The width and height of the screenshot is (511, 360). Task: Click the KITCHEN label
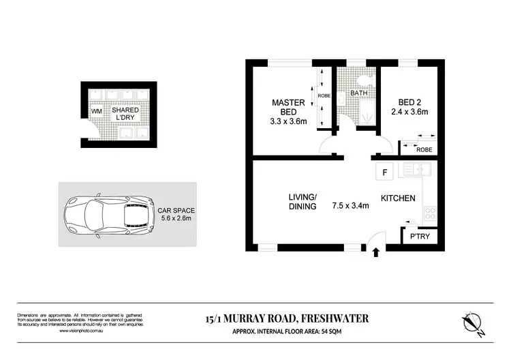[399, 198]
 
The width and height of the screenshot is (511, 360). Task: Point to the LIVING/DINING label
[302, 201]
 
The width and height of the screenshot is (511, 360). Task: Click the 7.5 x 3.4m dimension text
[350, 205]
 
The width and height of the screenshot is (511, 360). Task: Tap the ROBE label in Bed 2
[424, 149]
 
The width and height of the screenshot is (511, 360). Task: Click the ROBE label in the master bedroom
[324, 96]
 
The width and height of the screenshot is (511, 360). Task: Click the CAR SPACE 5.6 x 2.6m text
[176, 214]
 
